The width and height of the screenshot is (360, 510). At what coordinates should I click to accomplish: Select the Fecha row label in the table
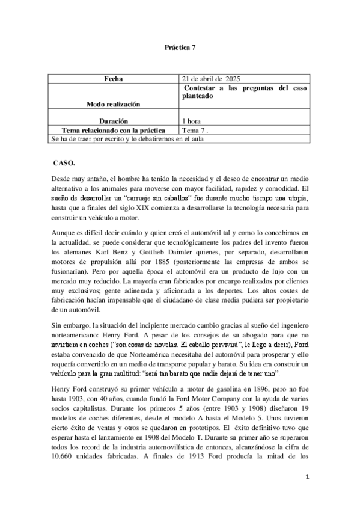pos(112,79)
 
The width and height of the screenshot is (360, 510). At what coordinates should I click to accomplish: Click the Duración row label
pos(113,121)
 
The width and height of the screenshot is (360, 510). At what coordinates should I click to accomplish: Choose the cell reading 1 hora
pos(195,121)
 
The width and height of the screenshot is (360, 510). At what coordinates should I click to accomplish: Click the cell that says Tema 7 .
pos(196,130)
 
